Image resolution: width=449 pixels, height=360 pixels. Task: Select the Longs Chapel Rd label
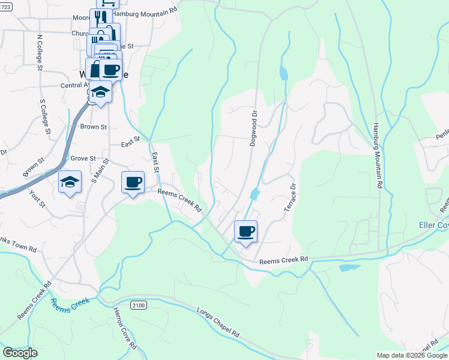218,322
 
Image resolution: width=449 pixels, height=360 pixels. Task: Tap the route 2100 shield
138,305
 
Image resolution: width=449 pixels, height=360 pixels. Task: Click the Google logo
20,353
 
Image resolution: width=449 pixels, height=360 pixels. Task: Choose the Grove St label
83,158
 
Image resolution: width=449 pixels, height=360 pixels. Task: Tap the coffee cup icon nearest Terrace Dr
245,232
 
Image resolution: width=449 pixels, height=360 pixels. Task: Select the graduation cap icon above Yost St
70,182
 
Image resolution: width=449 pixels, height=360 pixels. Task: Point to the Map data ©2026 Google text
412,355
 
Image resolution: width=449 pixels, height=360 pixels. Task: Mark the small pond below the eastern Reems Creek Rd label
349,268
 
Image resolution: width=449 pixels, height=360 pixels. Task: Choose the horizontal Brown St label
93,127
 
